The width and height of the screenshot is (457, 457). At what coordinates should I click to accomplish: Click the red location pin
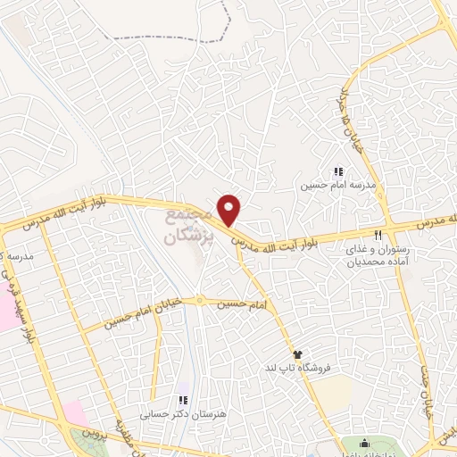pyautogui.click(x=230, y=209)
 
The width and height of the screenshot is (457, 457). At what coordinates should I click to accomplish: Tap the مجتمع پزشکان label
pyautogui.click(x=188, y=227)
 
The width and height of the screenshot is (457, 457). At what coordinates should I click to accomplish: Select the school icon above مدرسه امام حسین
pyautogui.click(x=337, y=171)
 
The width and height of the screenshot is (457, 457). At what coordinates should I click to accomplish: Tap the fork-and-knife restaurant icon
pyautogui.click(x=378, y=235)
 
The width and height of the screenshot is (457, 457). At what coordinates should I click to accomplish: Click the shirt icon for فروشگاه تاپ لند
pyautogui.click(x=297, y=354)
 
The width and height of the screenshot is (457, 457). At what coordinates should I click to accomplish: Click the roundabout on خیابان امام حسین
pyautogui.click(x=201, y=300)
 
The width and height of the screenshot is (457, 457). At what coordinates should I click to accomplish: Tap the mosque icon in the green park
pyautogui.click(x=363, y=444)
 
